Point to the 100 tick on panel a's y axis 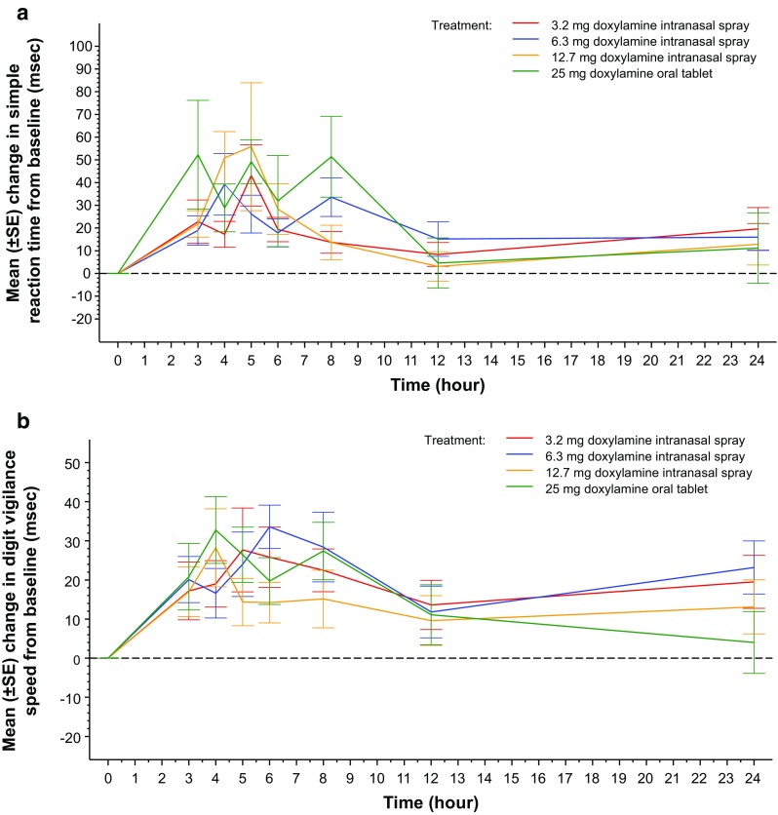coord(78,46)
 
